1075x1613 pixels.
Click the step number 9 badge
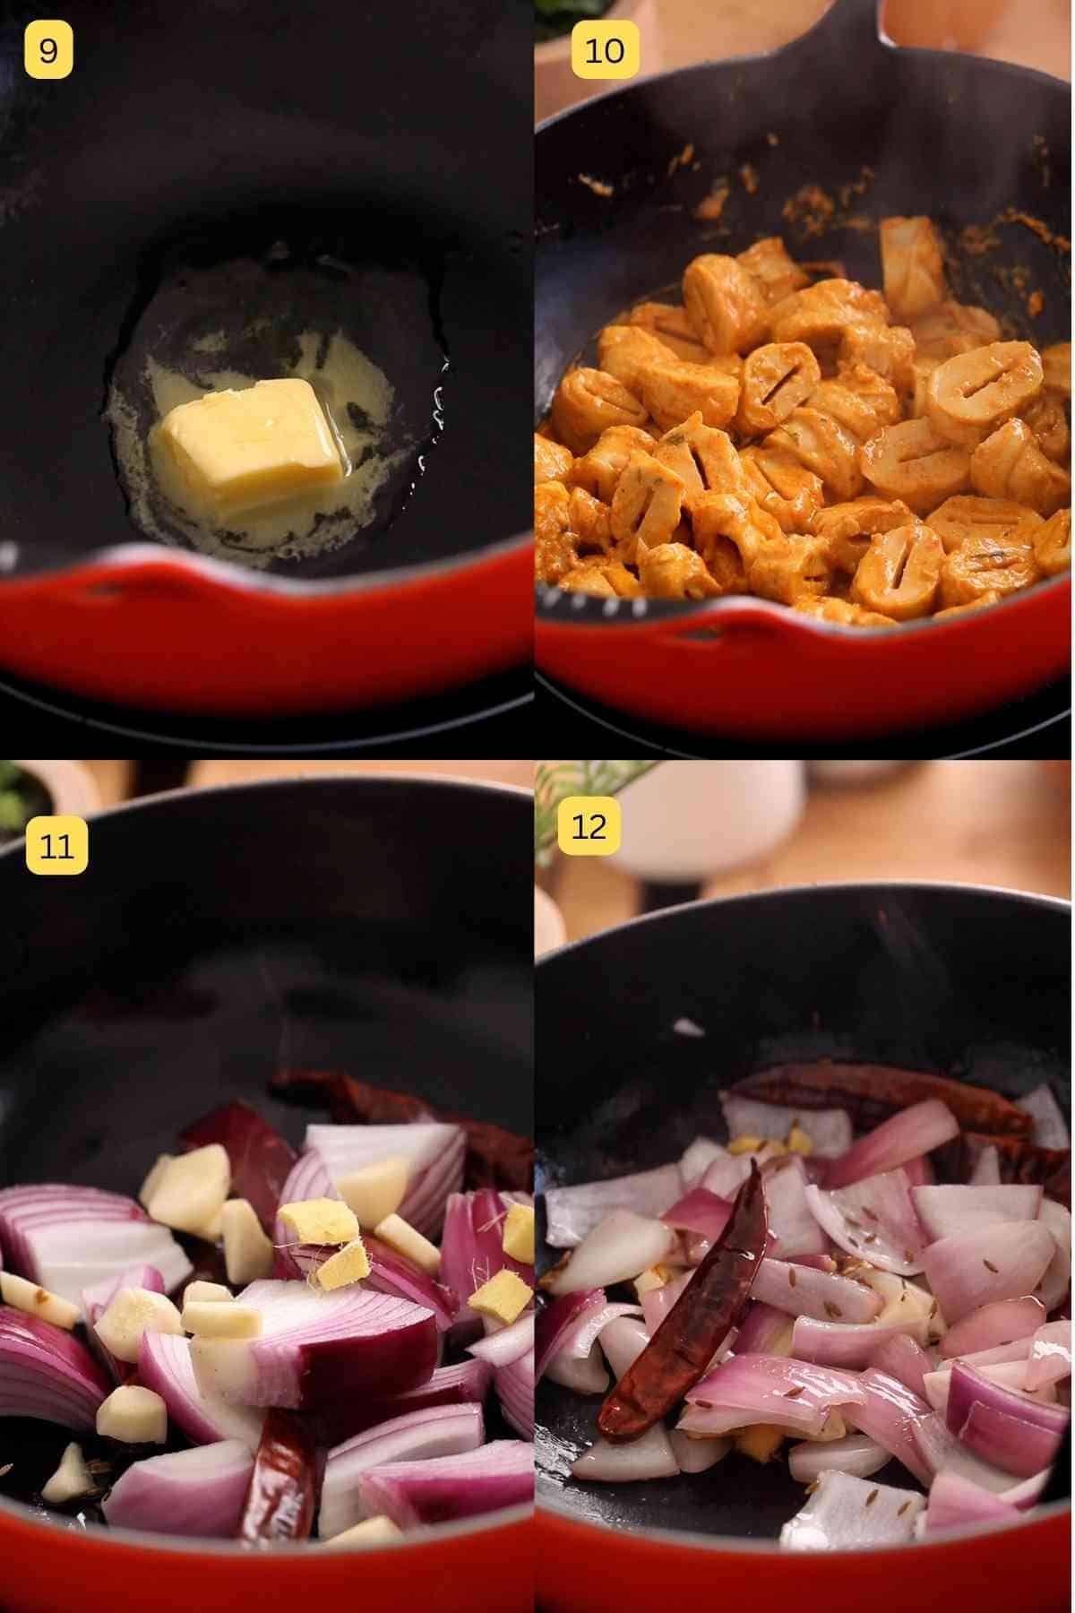pos(48,51)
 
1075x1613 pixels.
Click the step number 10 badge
pos(604,51)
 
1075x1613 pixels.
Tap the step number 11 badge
pos(56,845)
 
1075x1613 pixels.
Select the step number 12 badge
pos(589,826)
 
